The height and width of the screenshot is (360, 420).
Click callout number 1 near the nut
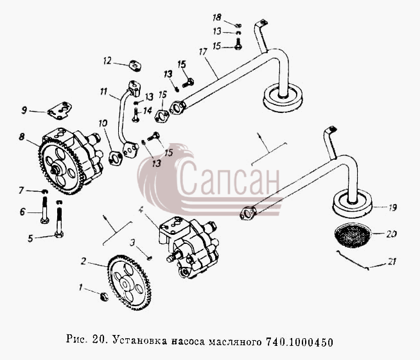pyautogui.click(x=81, y=287)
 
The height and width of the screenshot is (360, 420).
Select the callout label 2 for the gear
pyautogui.click(x=84, y=261)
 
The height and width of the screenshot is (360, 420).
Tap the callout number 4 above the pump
pyautogui.click(x=141, y=210)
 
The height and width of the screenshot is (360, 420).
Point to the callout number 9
pyautogui.click(x=24, y=110)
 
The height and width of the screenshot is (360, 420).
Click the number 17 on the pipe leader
pyautogui.click(x=203, y=51)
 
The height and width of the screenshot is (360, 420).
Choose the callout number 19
pyautogui.click(x=392, y=208)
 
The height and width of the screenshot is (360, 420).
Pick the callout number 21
pyautogui.click(x=391, y=262)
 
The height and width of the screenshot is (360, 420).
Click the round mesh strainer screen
pyautogui.click(x=353, y=235)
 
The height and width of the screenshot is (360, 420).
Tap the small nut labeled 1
pyautogui.click(x=104, y=296)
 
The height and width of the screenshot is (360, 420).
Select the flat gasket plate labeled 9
pyautogui.click(x=60, y=110)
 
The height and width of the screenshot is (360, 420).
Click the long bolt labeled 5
pyautogui.click(x=59, y=218)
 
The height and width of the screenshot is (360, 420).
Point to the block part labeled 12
pyautogui.click(x=135, y=66)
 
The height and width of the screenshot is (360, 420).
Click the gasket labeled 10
pyautogui.click(x=116, y=158)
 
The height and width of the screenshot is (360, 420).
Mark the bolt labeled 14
pyautogui.click(x=136, y=115)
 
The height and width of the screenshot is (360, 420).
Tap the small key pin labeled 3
pyautogui.click(x=150, y=258)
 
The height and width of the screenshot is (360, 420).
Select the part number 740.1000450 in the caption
pyautogui.click(x=300, y=342)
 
